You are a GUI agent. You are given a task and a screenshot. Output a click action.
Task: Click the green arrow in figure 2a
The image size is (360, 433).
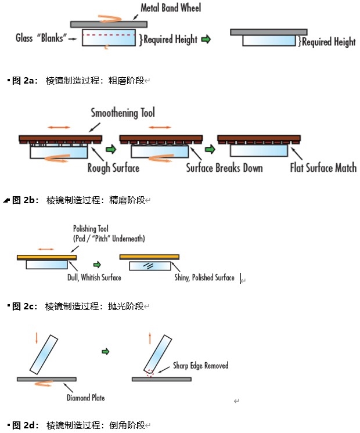(x=207, y=39)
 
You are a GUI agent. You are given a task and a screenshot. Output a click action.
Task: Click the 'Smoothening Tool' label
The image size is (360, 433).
(x=123, y=113)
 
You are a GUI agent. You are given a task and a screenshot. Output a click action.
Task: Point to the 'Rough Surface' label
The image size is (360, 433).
(x=113, y=168)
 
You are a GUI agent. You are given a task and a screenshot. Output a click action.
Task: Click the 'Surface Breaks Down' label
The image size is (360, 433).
(x=224, y=168)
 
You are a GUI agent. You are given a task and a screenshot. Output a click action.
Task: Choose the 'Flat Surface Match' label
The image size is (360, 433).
(x=323, y=168)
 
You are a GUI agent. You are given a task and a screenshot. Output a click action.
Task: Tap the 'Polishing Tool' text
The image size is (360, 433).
(x=91, y=229)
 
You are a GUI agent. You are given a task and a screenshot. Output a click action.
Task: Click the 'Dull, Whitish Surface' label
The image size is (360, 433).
(x=94, y=278)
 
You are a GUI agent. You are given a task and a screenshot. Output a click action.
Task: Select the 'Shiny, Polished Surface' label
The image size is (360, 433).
(x=204, y=278)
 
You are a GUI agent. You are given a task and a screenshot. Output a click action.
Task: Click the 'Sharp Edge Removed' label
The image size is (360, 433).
(x=200, y=366)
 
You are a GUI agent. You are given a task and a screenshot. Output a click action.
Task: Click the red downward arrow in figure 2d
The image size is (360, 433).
(x=37, y=338)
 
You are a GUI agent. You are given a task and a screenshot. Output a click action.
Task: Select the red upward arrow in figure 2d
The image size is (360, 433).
(x=150, y=338)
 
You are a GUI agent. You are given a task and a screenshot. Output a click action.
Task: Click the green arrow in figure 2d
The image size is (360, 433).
(x=105, y=352)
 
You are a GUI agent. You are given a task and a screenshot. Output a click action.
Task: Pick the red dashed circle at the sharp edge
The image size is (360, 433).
(x=149, y=374)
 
